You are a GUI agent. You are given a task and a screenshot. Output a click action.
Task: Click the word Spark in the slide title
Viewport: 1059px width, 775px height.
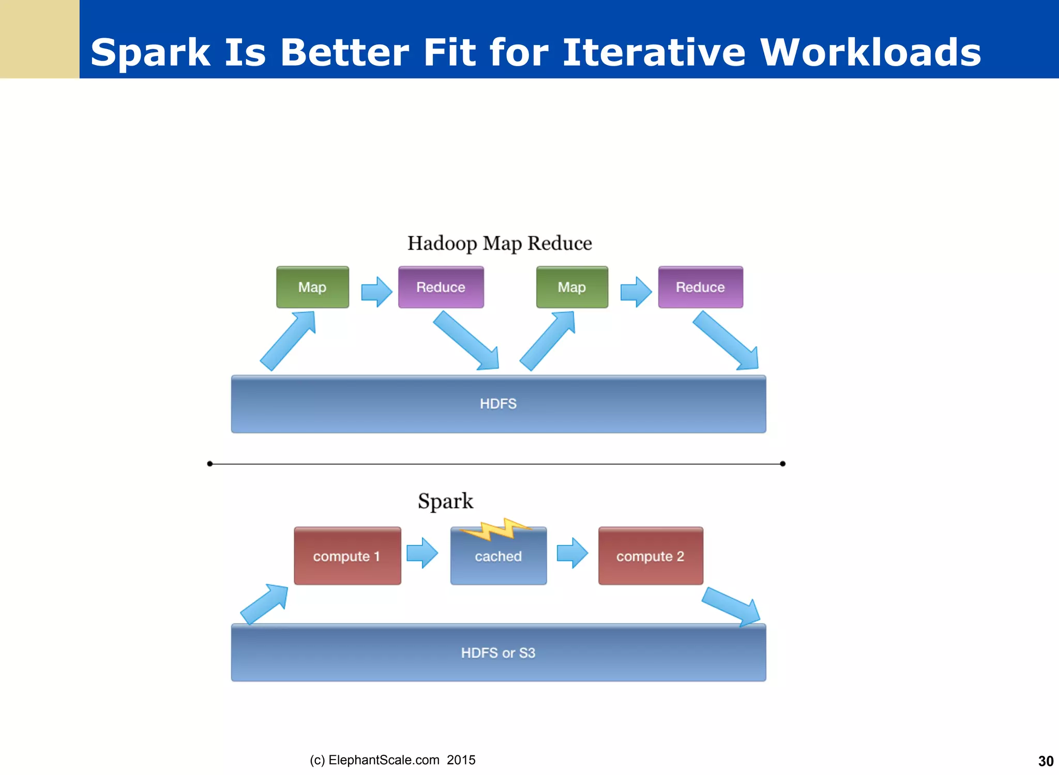[x=150, y=53]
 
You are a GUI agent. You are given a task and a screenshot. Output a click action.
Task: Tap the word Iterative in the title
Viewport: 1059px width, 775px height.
[x=654, y=53]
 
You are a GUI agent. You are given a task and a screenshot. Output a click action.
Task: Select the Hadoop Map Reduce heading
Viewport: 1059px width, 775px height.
[x=500, y=243]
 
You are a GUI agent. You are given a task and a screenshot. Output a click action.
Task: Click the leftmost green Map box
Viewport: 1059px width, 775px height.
[x=312, y=287]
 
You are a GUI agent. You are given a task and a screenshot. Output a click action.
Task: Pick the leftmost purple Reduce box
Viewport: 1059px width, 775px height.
[x=441, y=287]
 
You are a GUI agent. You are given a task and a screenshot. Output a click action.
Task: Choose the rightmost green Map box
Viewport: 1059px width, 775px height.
[x=572, y=287]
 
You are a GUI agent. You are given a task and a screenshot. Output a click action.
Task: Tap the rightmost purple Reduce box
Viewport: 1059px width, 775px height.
[x=701, y=287]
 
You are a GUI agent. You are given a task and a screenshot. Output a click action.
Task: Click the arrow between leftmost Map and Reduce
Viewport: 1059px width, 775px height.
[x=376, y=292]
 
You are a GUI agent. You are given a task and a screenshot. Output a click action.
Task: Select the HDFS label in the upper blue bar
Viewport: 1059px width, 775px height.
[x=498, y=404]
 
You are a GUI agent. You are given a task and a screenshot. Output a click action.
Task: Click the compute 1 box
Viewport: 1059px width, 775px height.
[x=347, y=556]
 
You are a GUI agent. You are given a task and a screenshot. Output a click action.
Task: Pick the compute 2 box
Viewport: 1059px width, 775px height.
[x=650, y=556]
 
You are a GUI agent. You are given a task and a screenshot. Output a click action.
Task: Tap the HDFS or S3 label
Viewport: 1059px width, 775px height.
[x=498, y=653]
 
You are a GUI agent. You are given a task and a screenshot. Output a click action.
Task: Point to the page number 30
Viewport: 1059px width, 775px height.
[x=1046, y=761]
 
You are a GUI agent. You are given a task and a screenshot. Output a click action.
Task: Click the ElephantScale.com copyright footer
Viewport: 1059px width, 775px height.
[x=392, y=760]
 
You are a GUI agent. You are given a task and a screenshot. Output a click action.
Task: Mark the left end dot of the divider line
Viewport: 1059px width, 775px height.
[x=209, y=464]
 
